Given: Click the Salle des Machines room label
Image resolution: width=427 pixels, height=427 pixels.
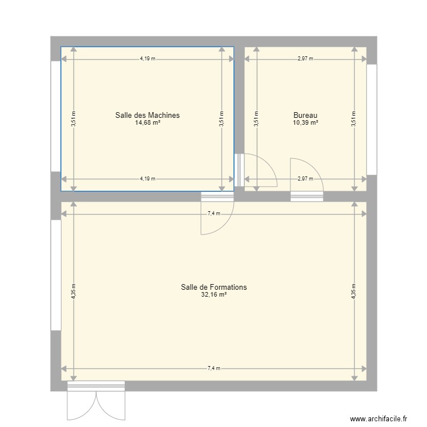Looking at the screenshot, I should [x=147, y=115].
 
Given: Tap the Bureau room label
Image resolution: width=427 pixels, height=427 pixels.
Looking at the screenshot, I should [x=305, y=115].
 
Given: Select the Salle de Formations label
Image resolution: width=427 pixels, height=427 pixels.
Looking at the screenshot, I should [x=213, y=288].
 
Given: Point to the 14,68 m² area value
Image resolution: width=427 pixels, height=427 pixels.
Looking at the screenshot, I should [x=147, y=122].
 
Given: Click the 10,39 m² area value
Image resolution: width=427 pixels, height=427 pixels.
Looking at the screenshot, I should [x=305, y=122].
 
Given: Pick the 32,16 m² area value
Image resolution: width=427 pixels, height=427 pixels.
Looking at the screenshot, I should [x=213, y=295].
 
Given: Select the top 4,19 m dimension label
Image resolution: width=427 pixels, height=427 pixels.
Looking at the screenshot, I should [x=147, y=59].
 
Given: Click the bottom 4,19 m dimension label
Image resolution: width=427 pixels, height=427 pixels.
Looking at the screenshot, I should [x=147, y=179].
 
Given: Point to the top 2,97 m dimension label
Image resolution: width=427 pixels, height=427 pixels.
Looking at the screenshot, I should [x=305, y=59].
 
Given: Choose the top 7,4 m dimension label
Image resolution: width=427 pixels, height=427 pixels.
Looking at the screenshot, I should [x=213, y=214].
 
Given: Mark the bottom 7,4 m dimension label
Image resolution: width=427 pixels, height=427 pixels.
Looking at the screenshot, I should [x=213, y=369].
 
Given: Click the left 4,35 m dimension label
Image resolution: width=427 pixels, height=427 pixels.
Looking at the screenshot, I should [x=73, y=291].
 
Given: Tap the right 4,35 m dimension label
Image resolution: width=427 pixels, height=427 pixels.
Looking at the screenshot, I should [x=354, y=291].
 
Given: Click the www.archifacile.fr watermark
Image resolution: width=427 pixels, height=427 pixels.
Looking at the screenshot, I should [x=379, y=418].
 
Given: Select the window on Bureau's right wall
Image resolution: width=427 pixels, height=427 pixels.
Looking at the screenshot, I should [x=372, y=119].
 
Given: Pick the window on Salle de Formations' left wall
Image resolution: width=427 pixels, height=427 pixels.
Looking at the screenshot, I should [x=56, y=275].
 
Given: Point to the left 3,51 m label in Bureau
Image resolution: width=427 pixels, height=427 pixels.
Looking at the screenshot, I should [x=256, y=119].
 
